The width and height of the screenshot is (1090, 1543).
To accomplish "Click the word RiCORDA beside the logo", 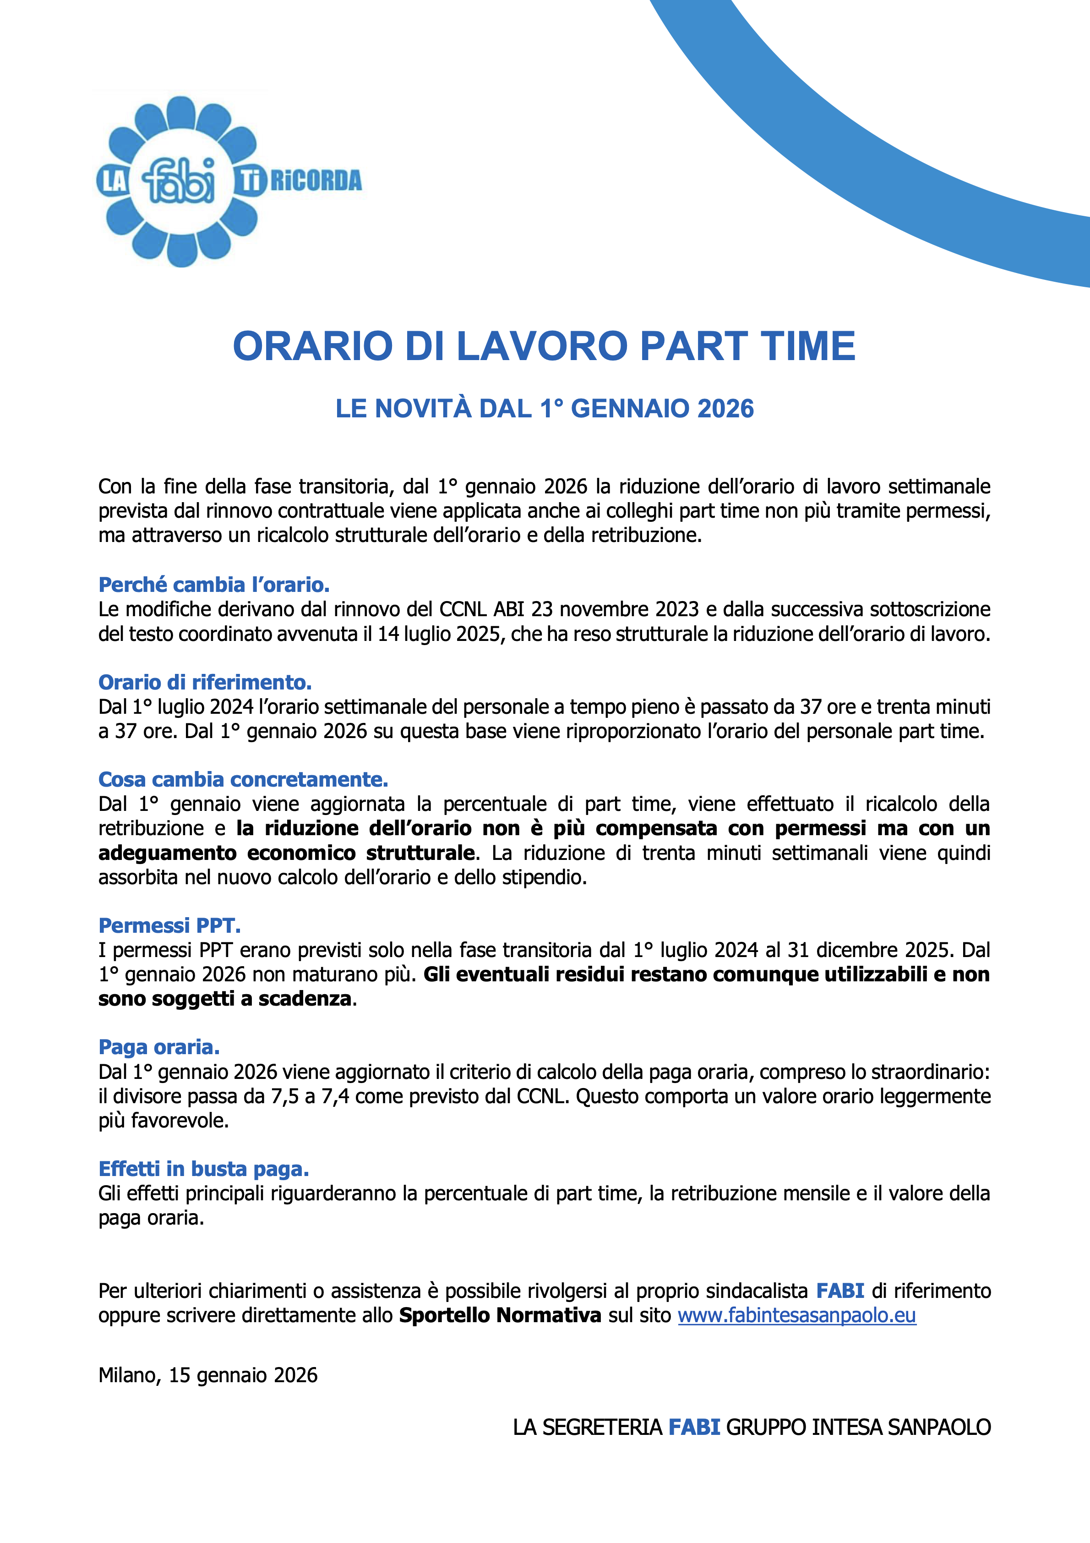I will coord(316,181).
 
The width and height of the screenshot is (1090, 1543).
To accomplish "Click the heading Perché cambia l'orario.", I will coord(214,585).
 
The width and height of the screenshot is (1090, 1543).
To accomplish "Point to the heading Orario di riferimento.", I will coord(205,682).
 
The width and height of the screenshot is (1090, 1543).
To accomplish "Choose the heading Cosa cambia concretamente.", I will coord(243,780).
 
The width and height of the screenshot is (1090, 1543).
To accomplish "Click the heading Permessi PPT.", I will coord(169,925).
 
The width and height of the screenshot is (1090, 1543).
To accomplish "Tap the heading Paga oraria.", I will coord(159,1047).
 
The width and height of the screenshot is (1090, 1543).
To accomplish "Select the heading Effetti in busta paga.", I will coord(204,1169).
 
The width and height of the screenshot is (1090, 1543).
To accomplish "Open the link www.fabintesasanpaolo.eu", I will coord(796,1315).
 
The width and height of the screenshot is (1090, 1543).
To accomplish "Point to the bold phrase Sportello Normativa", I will coord(500,1315).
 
